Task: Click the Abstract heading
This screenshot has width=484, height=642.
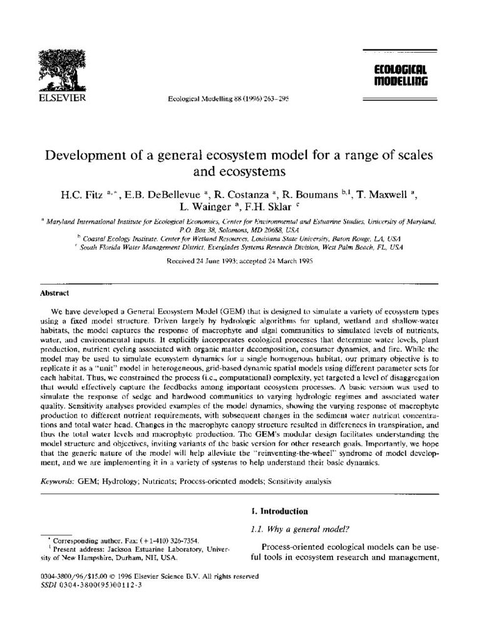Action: pos(54,293)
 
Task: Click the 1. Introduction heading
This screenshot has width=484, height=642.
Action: pos(279,512)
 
